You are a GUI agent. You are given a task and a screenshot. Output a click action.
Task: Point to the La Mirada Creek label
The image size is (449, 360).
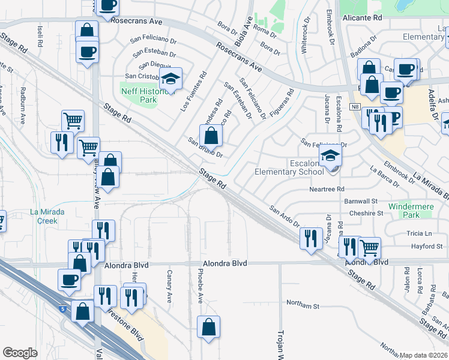(44, 216)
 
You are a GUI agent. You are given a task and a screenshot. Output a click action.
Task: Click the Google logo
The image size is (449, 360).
(20, 353)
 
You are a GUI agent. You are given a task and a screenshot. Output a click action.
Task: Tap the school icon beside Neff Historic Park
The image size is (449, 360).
(170, 79)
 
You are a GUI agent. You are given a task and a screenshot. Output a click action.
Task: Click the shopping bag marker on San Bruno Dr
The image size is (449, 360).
(211, 135)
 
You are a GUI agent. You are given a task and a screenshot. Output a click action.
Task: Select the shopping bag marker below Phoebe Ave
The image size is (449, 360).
(208, 327)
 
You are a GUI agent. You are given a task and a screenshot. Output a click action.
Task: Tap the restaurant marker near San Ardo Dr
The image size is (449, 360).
(310, 238)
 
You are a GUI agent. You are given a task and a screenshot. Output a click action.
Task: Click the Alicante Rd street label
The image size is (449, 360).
(363, 18)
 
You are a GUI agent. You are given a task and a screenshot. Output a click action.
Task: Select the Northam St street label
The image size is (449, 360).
(303, 305)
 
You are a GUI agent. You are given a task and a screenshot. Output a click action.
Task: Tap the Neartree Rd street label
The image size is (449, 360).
(327, 188)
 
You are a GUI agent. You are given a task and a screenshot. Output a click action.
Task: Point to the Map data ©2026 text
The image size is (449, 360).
(423, 355)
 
